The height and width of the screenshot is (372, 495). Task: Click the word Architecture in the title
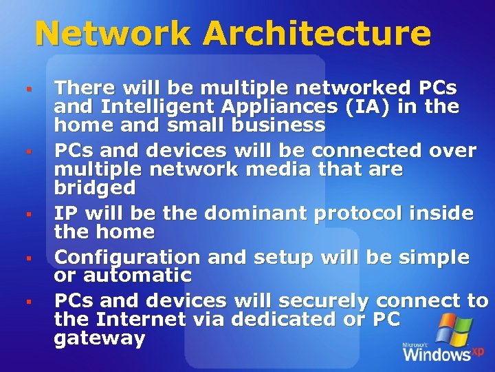point(317,33)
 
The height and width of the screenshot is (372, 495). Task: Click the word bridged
point(95,187)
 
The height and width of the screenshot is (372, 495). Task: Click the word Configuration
point(127,258)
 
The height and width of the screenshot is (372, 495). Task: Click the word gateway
point(100,338)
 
